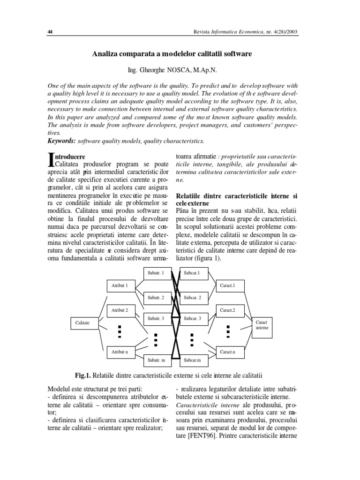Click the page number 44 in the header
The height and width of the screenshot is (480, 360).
coord(50,32)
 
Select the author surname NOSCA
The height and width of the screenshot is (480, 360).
coord(178,70)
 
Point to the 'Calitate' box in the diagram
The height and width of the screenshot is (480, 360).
coord(82,322)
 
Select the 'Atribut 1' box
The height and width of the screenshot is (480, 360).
coord(120,285)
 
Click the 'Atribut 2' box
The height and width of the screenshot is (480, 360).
coord(120,310)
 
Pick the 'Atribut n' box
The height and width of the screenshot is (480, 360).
coord(120,351)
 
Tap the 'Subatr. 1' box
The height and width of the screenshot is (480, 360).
coord(156,272)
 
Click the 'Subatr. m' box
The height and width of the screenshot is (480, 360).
coord(156,360)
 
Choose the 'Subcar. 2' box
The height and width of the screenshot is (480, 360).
coord(192,297)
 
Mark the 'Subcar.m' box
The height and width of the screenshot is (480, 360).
coord(192,360)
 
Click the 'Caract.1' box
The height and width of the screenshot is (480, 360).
coord(228,285)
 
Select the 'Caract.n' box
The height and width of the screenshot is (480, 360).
coord(228,351)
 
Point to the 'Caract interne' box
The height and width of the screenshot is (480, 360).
coord(262,325)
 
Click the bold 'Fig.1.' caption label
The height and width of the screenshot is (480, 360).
coord(82,375)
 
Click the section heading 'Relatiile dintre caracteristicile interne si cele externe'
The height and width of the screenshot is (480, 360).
coord(236,200)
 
